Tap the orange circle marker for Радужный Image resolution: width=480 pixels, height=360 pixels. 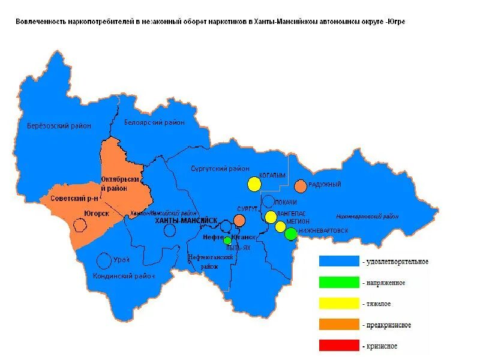[x=301, y=186]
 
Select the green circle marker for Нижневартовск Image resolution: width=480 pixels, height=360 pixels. [x=291, y=234]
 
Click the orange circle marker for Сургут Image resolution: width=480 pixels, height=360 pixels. [x=239, y=220]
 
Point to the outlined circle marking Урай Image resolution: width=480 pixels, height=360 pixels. [x=104, y=260]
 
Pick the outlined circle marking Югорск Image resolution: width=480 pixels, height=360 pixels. [x=79, y=224]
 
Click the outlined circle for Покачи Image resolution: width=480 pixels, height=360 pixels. [x=269, y=202]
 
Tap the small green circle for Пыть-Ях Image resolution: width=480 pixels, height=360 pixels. [x=227, y=241]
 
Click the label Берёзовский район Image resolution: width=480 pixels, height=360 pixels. [x=59, y=126]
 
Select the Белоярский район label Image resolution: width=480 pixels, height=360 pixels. [x=154, y=122]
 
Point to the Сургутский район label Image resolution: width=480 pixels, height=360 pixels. [x=220, y=169]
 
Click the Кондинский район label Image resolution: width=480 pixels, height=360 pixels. [x=124, y=276]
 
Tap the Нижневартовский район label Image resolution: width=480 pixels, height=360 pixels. [x=367, y=216]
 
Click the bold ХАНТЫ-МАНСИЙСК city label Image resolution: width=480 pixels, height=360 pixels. [x=185, y=221]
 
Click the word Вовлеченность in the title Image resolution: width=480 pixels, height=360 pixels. [x=40, y=22]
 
